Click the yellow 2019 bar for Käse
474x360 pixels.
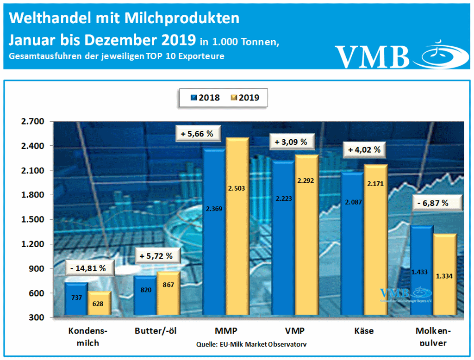click(x=375, y=241)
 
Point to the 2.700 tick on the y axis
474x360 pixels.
click(x=32, y=122)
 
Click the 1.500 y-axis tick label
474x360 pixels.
click(x=32, y=220)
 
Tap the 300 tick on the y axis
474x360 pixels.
click(x=37, y=318)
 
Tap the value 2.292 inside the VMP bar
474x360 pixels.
click(x=306, y=181)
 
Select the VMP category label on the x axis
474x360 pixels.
click(x=294, y=331)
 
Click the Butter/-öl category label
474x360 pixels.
click(x=156, y=331)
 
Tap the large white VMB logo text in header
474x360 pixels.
click(x=373, y=56)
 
